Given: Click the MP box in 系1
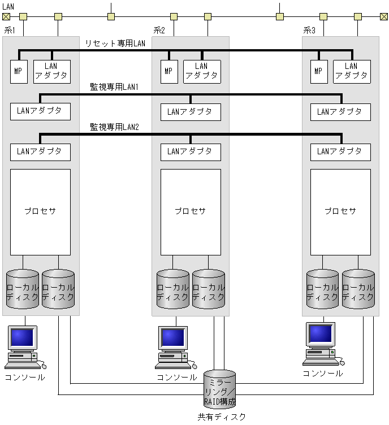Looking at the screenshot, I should click(19, 71).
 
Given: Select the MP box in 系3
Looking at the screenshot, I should click(318, 71).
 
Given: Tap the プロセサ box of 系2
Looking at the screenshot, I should click(190, 211).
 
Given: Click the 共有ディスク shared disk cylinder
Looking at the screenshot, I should click(219, 389).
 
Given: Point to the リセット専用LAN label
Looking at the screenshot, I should click(115, 44).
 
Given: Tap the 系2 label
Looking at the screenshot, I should click(159, 30).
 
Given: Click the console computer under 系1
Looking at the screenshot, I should click(23, 346).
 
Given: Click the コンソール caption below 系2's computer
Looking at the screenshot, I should click(175, 377).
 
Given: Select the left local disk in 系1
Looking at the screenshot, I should click(23, 289).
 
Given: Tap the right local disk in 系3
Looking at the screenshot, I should click(358, 289).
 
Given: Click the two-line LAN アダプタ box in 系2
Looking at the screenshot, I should click(202, 71).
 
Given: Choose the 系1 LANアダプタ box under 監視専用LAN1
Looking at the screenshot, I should click(40, 111).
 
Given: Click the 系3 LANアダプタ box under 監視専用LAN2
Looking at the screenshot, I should click(340, 151).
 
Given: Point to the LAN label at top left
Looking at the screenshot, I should click(8, 6).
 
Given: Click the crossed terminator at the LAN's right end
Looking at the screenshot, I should click(383, 16).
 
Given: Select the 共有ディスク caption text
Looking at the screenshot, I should click(222, 417).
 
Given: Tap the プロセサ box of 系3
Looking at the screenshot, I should click(340, 211).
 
